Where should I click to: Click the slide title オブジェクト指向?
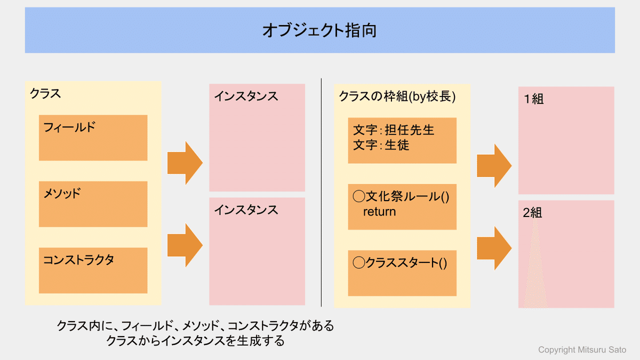coord(319,30)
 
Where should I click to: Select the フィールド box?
coord(93,138)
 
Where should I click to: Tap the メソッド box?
coord(93,204)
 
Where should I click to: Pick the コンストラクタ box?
coord(93,270)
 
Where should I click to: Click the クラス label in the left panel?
coord(45,94)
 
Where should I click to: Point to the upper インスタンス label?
coord(246,97)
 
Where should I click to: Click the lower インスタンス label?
coord(246,210)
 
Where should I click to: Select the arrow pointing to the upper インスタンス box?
coord(185,163)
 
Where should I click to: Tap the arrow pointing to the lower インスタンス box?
coord(185,245)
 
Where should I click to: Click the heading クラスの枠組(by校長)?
coord(397,97)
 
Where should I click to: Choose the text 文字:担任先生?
coord(394,130)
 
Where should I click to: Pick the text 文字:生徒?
coord(381,145)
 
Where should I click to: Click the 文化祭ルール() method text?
coord(401,197)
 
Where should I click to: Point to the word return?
coord(379,212)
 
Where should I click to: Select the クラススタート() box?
coord(402,273)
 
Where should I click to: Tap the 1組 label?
coord(534,99)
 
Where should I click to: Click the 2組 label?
coord(532,213)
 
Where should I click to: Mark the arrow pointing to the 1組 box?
coord(494,166)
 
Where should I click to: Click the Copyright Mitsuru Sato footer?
coord(582,350)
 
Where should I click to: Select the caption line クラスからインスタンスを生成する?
coord(195,341)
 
